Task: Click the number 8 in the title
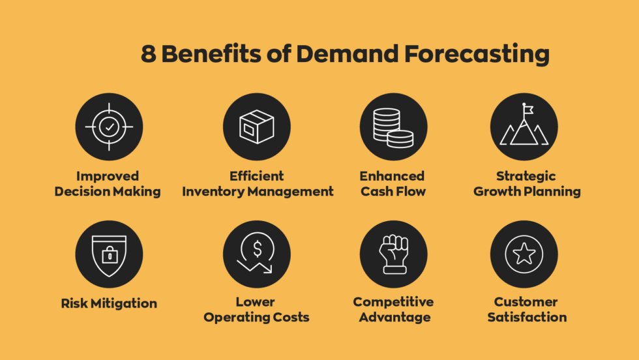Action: pos(149,55)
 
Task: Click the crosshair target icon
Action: pos(109,127)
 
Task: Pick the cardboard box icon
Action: pos(256,127)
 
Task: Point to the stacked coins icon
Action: pos(393,127)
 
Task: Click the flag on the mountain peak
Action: pos(527,110)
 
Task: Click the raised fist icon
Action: pos(394,254)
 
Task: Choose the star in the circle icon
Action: pos(524,254)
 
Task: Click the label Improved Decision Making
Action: pos(108,184)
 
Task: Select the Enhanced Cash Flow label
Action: pos(393,184)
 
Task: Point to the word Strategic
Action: pos(526,176)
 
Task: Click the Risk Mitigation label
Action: pos(109,303)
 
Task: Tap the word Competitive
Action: pos(393,302)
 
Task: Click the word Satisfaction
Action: pos(527,318)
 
